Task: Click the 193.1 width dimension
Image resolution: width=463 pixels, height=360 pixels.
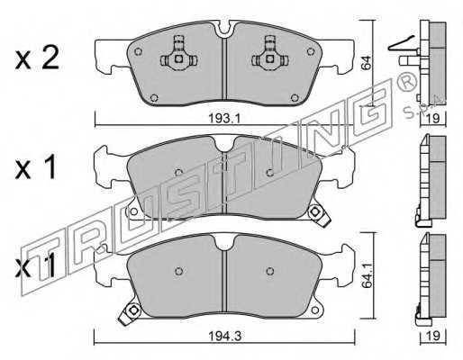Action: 224,119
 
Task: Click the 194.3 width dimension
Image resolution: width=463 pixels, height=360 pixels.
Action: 225,336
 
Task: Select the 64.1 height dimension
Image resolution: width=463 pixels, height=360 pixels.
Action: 367,275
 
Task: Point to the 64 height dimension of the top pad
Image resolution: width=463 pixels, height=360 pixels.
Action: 367,63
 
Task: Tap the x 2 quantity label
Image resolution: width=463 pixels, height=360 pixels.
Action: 37,59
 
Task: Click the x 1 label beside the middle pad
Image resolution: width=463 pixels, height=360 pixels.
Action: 36,168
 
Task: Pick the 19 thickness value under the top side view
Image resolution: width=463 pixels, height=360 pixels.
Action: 433,118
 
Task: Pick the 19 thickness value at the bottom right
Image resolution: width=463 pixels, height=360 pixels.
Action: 433,336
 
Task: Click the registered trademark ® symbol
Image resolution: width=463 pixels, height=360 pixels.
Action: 407,82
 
